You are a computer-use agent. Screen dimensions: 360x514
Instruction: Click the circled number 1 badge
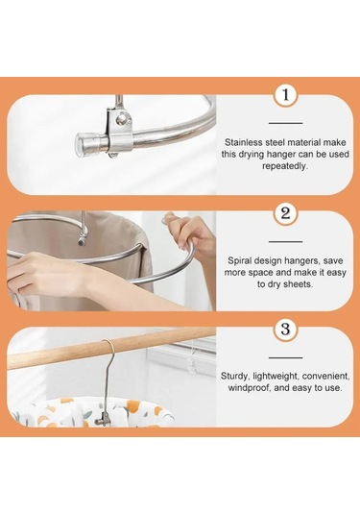click(x=286, y=95)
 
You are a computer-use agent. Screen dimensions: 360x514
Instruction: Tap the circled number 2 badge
click(x=286, y=213)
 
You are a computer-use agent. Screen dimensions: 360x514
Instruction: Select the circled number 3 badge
click(x=286, y=329)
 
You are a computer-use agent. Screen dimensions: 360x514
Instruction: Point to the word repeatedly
click(x=285, y=166)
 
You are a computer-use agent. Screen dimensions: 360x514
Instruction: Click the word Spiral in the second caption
click(x=240, y=260)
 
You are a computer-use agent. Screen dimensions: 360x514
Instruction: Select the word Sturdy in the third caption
click(x=233, y=376)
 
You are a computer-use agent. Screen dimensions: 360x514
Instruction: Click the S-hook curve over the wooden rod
click(x=108, y=346)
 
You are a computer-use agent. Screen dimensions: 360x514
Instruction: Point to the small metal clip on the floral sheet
click(x=105, y=419)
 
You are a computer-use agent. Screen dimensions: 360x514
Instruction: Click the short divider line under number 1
click(x=286, y=123)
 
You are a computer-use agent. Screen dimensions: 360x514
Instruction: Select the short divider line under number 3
click(x=286, y=357)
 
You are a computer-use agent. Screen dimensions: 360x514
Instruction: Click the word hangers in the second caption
click(x=301, y=260)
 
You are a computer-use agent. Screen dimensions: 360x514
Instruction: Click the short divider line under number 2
click(x=286, y=241)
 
